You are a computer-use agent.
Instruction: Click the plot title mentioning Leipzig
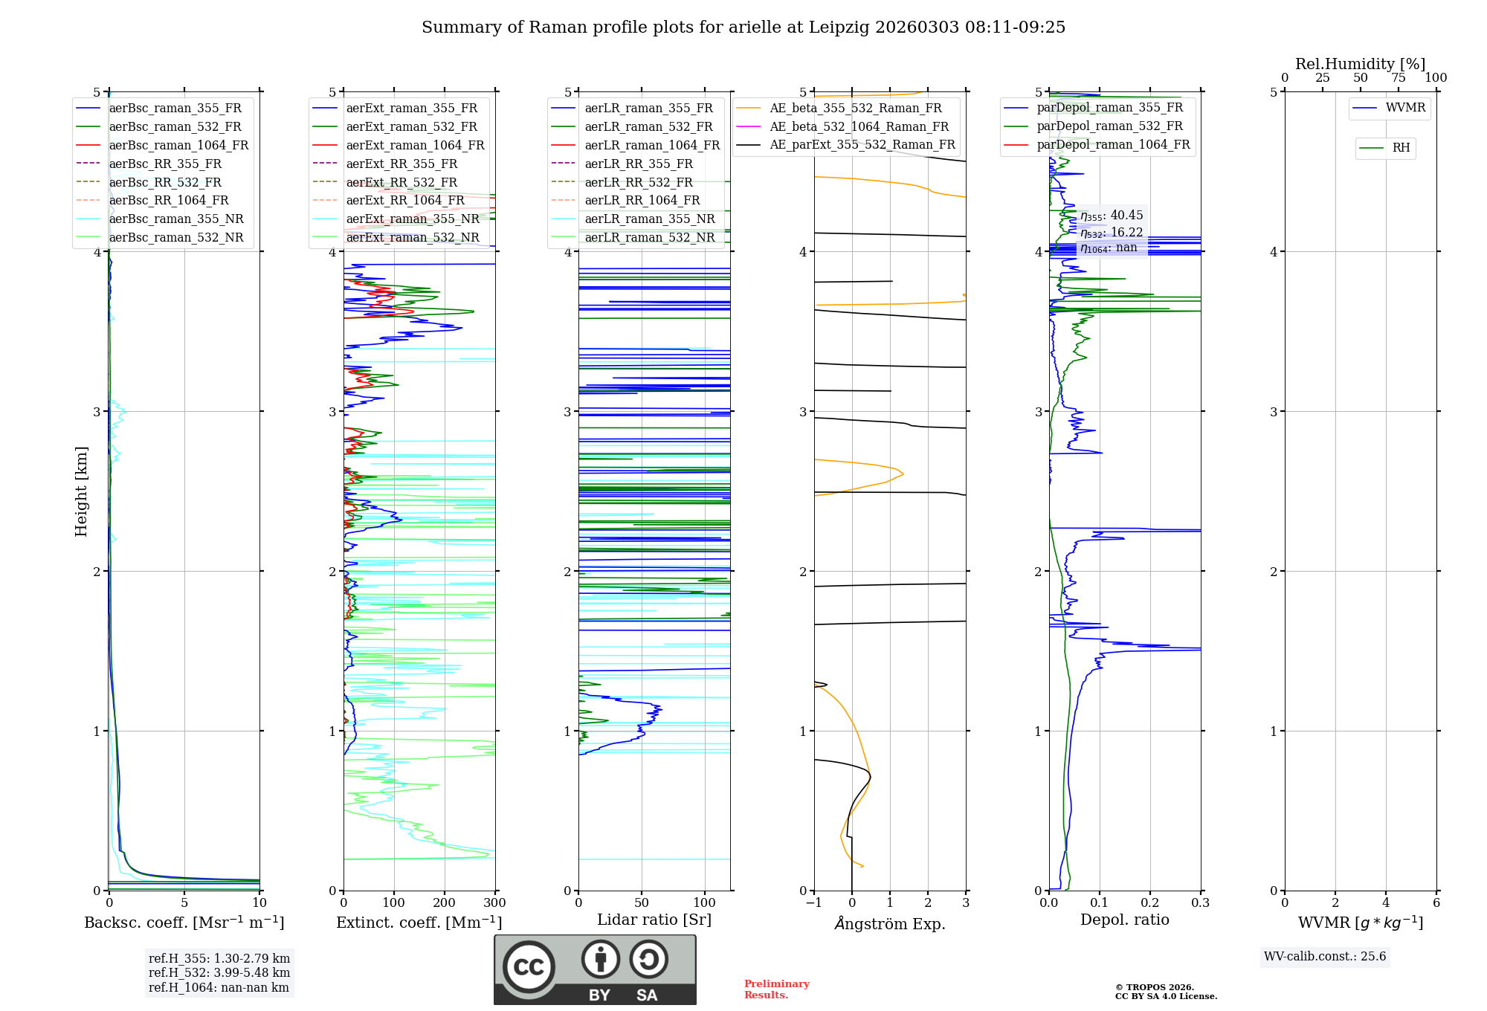coord(743,28)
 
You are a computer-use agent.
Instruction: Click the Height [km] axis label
coord(82,491)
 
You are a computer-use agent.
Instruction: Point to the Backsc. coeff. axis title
coord(184,923)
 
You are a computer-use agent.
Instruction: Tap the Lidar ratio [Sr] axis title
coord(654,920)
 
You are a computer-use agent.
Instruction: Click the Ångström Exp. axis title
coord(890,924)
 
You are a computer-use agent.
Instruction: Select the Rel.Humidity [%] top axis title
coord(1360,64)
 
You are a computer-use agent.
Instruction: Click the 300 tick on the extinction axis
coord(494,903)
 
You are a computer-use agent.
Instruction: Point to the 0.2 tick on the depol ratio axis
coord(1150,903)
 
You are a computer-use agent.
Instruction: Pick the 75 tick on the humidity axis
coord(1398,78)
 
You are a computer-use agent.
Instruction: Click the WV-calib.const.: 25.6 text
coord(1325,957)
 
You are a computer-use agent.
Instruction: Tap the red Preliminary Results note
coord(776,989)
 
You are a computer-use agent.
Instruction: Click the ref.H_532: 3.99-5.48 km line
coord(219,973)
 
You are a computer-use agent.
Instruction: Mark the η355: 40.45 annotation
coord(1112,216)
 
